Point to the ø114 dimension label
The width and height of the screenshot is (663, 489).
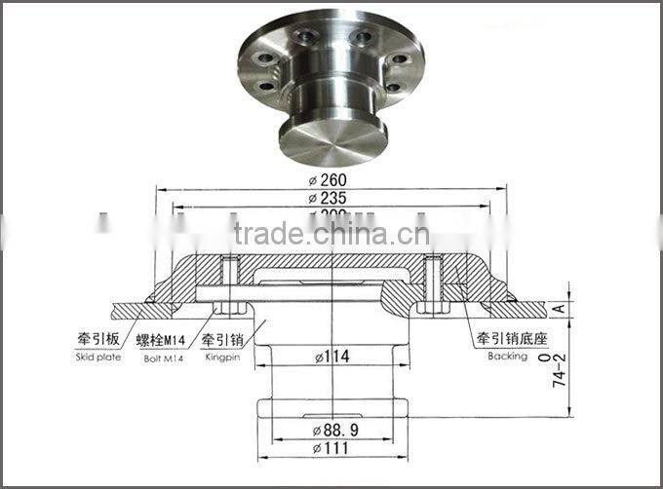331,357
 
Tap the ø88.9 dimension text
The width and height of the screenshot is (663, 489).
331,430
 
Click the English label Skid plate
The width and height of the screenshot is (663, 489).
96,357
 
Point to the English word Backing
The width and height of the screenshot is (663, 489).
507,357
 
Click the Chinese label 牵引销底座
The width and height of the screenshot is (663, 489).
507,340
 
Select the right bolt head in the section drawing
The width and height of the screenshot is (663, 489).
435,308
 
